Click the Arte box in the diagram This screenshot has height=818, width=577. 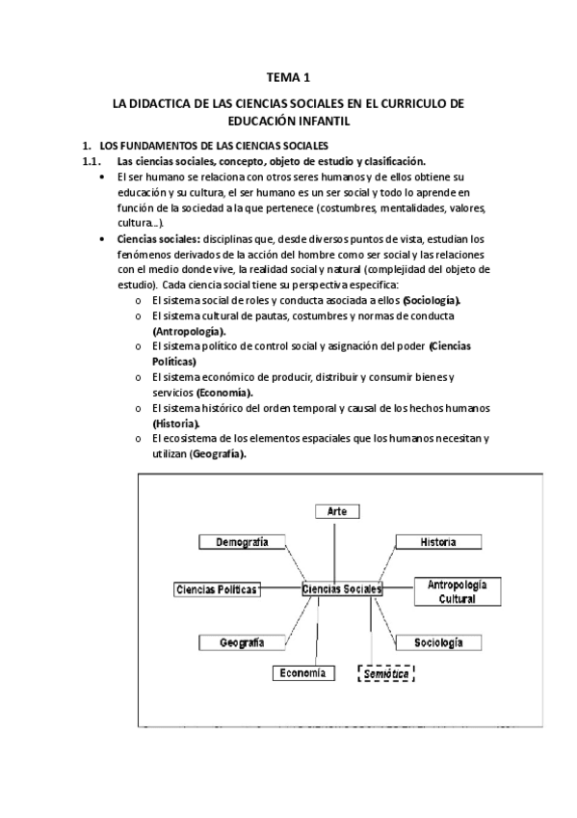[336, 510]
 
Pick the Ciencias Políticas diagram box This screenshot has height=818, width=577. [219, 588]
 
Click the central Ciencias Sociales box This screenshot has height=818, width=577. [341, 588]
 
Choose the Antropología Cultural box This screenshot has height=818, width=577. [458, 591]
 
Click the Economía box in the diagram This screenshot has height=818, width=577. [303, 673]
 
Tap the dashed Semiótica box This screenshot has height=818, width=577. [386, 674]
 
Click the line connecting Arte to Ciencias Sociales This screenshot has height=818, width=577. [335, 550]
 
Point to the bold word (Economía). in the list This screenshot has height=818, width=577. [225, 393]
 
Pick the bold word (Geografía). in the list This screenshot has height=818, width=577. [217, 454]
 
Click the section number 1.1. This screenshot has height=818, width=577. [92, 161]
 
